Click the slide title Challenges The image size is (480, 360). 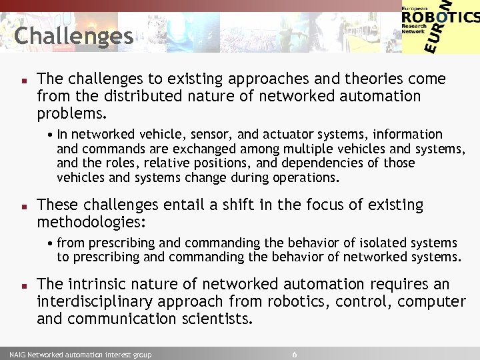(x=73, y=36)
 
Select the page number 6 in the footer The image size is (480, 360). (x=295, y=354)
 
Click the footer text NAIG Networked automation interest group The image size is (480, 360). (x=81, y=355)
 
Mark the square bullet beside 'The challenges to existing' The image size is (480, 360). (x=23, y=79)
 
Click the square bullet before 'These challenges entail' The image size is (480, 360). (x=23, y=205)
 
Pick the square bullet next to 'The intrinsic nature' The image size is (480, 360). (x=23, y=285)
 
